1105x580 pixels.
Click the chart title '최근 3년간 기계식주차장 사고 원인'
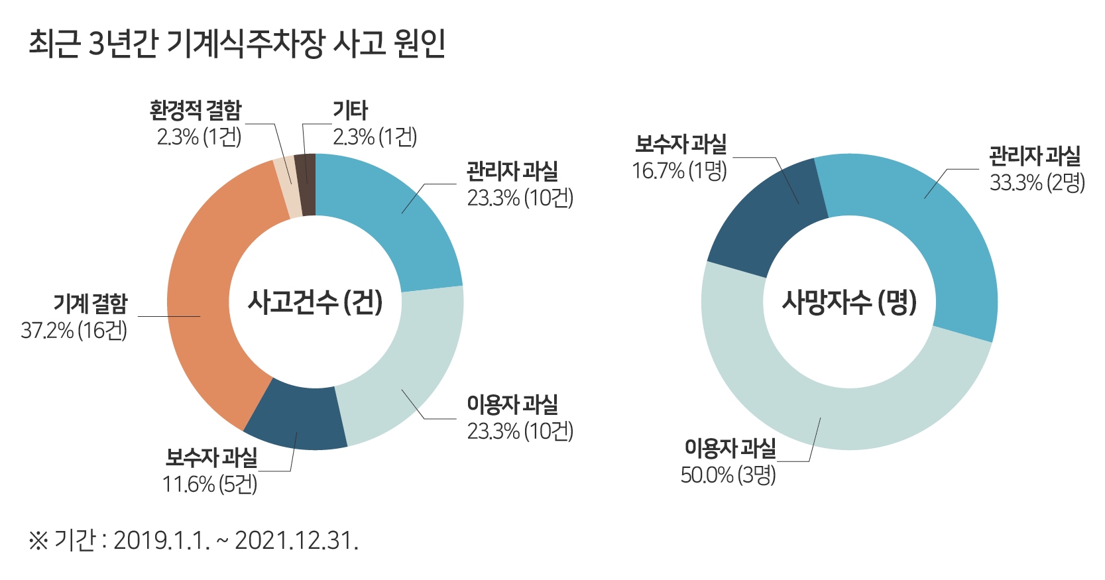pos(236,44)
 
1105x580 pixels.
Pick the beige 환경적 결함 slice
pos(289,188)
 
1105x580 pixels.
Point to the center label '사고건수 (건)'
pos(315,302)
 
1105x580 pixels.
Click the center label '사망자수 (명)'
pos(849,302)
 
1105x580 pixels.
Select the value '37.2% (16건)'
pos(74,330)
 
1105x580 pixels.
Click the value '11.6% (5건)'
pos(209,484)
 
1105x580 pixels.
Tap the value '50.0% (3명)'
pos(728,475)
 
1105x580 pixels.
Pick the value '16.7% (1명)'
pos(679,170)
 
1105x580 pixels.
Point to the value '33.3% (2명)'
pos(1037,182)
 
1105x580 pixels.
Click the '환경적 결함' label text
pos(196,111)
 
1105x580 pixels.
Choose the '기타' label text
pos(350,111)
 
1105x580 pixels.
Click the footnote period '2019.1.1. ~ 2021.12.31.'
pos(235,541)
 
